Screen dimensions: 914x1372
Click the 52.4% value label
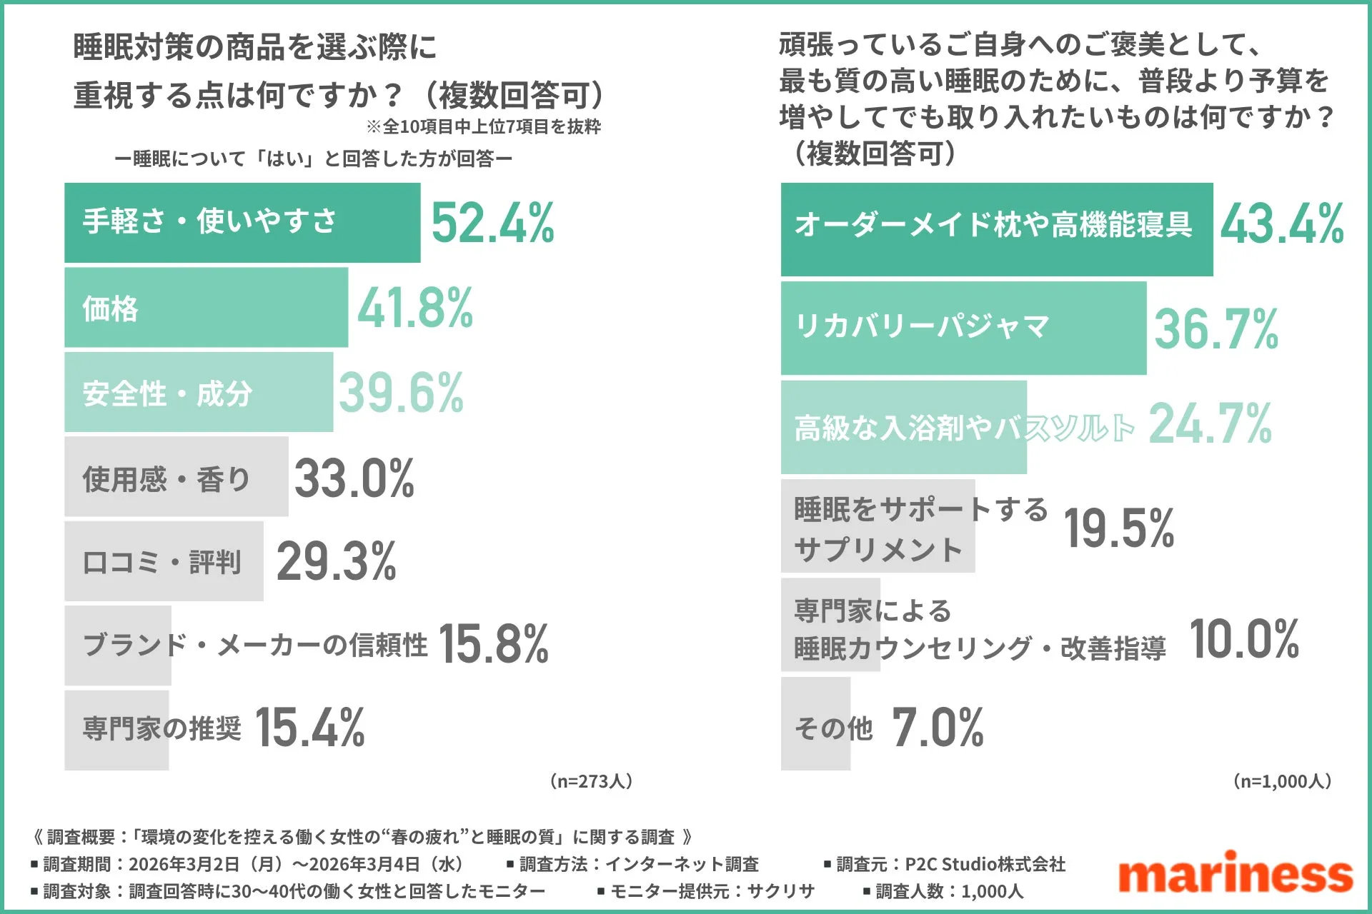point(492,223)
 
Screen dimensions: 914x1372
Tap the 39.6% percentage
point(401,393)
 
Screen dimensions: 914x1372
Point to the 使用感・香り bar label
point(166,478)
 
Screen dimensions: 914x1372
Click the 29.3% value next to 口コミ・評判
point(337,561)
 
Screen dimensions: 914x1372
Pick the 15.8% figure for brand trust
point(493,644)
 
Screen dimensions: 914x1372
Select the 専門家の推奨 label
point(162,728)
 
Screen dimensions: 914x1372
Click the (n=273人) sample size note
point(591,781)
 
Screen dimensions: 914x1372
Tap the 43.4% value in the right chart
point(1281,224)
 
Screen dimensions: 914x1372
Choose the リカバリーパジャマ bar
point(963,328)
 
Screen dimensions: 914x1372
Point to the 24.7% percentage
point(1210,424)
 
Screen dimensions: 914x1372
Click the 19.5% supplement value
point(1119,528)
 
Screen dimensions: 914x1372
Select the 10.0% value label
point(1244,639)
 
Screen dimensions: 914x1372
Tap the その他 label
point(834,728)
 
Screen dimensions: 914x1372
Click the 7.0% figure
point(938,728)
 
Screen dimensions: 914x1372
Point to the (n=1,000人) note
point(1282,781)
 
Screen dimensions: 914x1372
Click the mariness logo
point(1236,873)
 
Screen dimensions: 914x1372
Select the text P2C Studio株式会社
point(985,865)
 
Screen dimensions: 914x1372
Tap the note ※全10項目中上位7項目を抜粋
point(483,127)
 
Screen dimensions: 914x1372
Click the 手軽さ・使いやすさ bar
point(242,223)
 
